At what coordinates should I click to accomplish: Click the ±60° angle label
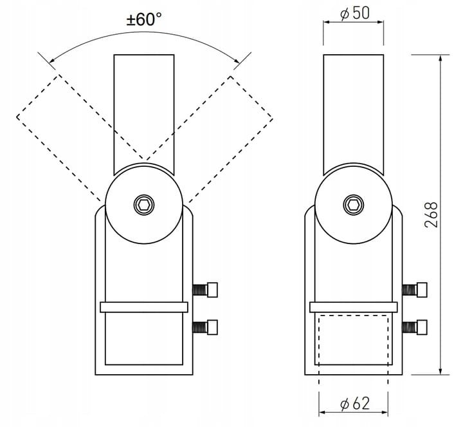[144, 20]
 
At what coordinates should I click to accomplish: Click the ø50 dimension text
[354, 14]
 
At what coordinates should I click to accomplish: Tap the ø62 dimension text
[354, 404]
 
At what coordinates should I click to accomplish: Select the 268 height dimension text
[431, 214]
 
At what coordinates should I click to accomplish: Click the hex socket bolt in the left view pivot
[144, 205]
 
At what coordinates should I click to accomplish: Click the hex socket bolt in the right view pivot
[354, 205]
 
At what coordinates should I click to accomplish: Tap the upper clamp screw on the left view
[205, 290]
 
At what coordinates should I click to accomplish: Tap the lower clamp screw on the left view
[205, 327]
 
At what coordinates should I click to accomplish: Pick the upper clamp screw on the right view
[415, 290]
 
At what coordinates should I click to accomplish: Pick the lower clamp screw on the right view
[415, 327]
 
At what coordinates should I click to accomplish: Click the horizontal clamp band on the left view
[144, 307]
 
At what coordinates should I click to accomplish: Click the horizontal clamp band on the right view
[354, 307]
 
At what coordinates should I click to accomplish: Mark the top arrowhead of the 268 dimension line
[440, 58]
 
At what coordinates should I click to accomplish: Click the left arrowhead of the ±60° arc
[52, 61]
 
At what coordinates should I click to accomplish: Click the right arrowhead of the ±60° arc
[236, 61]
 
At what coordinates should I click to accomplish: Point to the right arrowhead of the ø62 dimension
[385, 413]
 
